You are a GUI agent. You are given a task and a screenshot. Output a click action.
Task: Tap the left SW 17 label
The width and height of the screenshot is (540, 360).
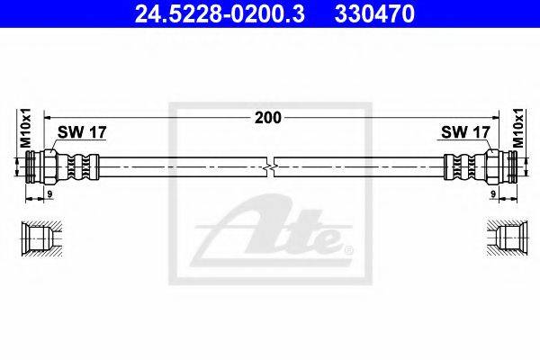point(82,132)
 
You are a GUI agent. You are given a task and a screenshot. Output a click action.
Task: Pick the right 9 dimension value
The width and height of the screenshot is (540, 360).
point(494,193)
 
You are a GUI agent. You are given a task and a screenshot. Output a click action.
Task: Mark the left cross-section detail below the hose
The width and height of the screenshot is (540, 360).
point(40,238)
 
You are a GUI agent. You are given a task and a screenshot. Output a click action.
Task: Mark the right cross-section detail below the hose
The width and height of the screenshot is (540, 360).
point(500,238)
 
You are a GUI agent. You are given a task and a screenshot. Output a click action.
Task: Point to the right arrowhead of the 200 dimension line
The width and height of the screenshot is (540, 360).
point(494,116)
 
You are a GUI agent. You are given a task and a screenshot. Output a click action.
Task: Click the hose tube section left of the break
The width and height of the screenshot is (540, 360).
point(180,167)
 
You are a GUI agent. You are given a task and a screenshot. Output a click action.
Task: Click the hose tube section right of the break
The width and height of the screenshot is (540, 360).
point(360,167)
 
